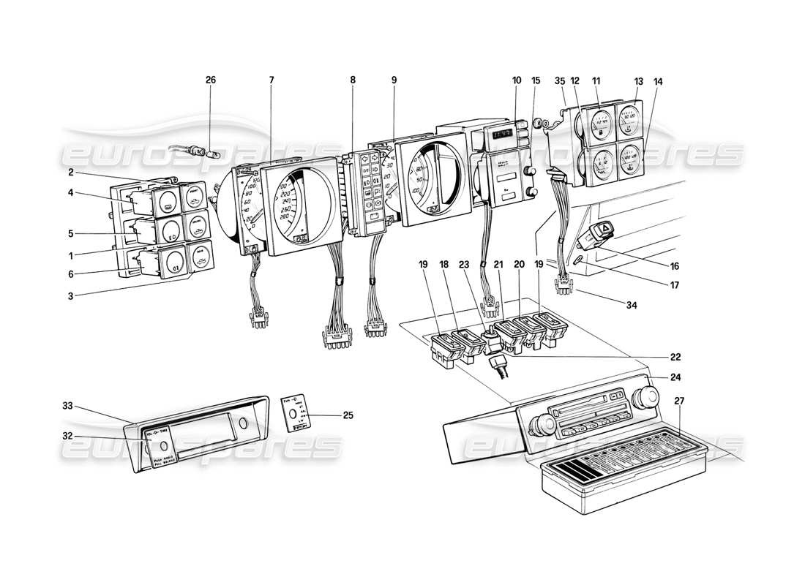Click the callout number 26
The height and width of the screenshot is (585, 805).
[211, 80]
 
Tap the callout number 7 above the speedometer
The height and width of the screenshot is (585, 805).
[272, 80]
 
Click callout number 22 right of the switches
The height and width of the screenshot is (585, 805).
[675, 357]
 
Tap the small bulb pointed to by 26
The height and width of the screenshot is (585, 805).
[212, 155]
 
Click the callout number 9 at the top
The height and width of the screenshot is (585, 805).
[394, 80]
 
